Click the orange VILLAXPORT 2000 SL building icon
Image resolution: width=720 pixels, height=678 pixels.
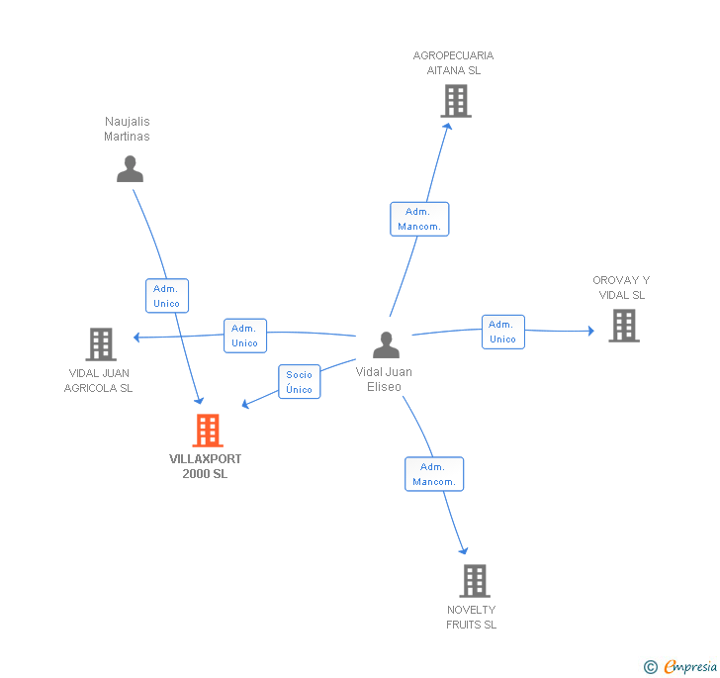coord(207,431)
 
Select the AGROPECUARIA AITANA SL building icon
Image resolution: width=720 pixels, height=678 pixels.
coord(455,101)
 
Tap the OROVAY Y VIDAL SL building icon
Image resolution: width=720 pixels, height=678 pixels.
coord(623,325)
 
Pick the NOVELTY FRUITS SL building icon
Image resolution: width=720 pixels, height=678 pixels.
coord(475,580)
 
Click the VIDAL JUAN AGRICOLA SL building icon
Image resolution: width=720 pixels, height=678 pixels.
coord(101,344)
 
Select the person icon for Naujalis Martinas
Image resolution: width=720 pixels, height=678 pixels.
coord(130,169)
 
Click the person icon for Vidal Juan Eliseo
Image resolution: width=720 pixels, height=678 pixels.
coord(386,344)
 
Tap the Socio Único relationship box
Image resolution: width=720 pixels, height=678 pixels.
coord(299,382)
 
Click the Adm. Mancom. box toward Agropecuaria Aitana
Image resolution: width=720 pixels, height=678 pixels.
coord(419,219)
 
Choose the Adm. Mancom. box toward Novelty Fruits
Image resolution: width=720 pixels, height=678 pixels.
coord(434,474)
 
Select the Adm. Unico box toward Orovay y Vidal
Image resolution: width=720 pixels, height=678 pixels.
coord(502,332)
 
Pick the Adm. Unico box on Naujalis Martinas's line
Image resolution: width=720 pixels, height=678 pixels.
coord(166,296)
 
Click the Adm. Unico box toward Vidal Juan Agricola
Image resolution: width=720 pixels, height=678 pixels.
coord(244,336)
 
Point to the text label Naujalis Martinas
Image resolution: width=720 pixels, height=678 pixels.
coord(127,129)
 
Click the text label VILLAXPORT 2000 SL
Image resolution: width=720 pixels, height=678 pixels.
coord(205,466)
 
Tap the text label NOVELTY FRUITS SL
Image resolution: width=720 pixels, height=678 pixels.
coord(471,617)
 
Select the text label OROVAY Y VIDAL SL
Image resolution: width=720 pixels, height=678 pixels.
coord(621,287)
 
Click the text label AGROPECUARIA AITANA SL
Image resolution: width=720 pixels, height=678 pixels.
coord(453,62)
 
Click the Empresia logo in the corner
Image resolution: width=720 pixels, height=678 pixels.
coord(680,666)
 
